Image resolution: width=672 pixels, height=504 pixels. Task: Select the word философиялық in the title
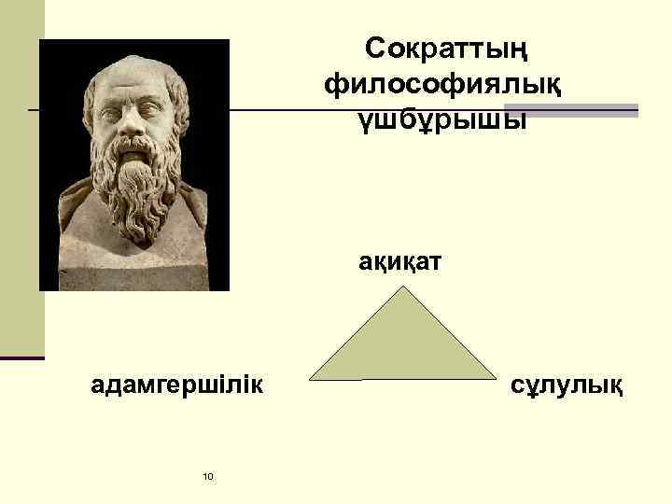[444, 85]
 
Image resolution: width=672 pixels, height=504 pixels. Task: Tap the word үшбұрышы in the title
[444, 120]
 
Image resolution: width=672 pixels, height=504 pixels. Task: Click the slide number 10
[207, 477]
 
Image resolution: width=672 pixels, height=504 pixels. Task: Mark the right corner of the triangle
[494, 378]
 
